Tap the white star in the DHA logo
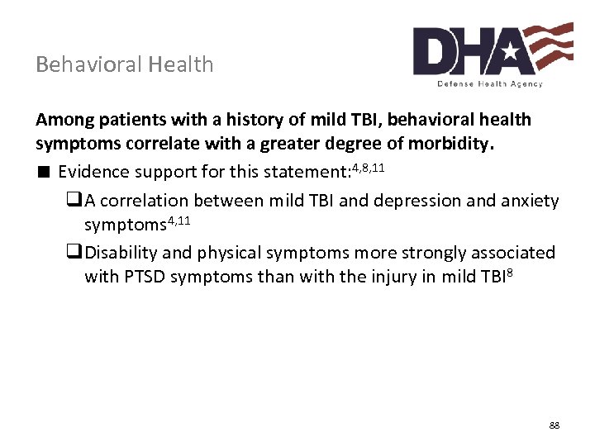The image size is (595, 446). (x=510, y=52)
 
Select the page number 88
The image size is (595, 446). (x=555, y=425)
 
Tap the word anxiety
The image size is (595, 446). (x=531, y=201)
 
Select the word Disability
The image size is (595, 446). (x=117, y=252)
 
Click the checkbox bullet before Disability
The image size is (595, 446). (x=74, y=252)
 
